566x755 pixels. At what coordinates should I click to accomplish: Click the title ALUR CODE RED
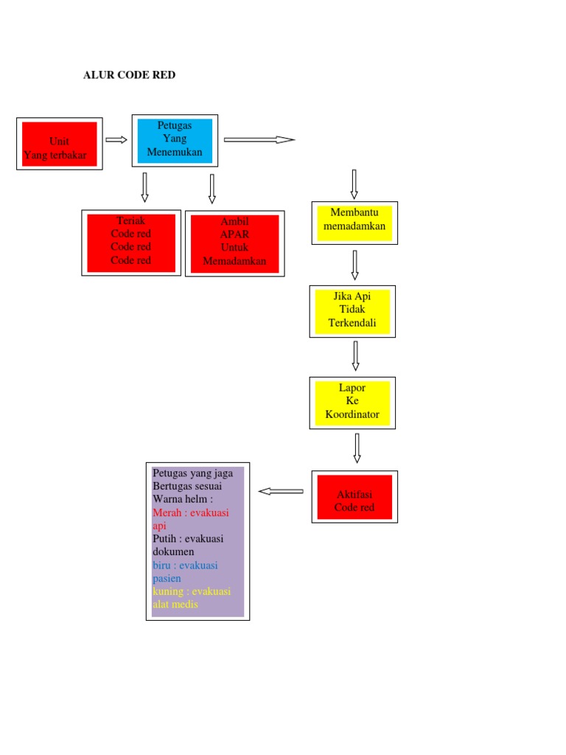click(129, 75)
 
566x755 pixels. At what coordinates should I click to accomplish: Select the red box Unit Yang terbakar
click(60, 144)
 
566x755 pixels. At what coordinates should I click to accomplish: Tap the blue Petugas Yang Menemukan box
click(175, 140)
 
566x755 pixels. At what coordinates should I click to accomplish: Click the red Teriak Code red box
click(131, 242)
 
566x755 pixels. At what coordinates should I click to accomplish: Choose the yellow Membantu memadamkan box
click(354, 222)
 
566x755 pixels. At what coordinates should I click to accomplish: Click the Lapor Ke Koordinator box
click(352, 403)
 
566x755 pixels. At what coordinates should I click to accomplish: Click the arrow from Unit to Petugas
click(116, 140)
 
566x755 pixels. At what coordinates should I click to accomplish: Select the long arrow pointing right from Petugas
click(259, 139)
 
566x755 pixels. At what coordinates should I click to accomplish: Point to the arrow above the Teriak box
click(144, 187)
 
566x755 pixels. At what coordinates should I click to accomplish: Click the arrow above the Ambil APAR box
click(212, 189)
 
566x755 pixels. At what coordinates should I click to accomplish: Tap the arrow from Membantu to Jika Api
click(354, 265)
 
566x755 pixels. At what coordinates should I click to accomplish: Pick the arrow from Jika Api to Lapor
click(355, 355)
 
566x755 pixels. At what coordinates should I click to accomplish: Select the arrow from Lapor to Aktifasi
click(357, 448)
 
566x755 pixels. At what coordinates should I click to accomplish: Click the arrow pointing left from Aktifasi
click(281, 491)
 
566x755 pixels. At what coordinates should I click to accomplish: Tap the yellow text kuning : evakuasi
click(192, 591)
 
